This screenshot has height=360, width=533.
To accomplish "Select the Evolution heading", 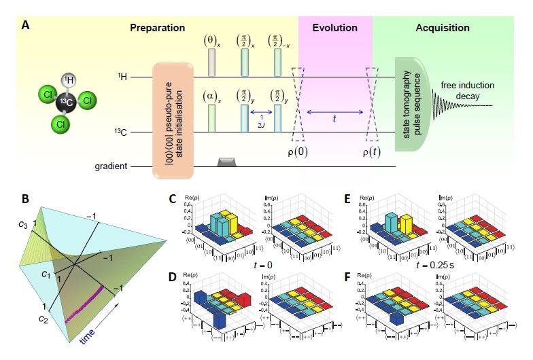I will tap(334, 28).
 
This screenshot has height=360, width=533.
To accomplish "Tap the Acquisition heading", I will tap(443, 28).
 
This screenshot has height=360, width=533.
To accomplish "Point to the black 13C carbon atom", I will tap(65, 103).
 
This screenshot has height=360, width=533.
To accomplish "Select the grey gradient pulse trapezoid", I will tap(226, 162).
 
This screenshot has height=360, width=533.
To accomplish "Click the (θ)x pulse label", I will tap(210, 41).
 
